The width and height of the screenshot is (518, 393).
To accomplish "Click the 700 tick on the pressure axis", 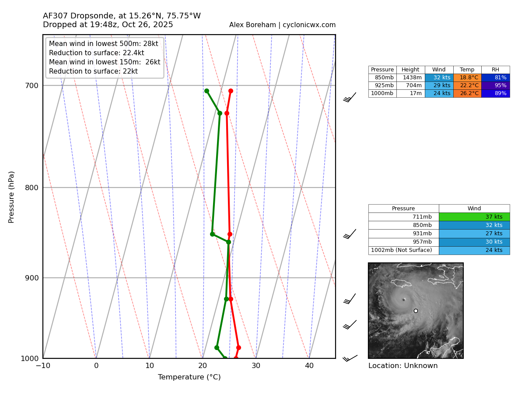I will click(32, 85).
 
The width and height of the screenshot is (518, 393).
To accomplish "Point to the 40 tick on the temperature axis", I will click(309, 365).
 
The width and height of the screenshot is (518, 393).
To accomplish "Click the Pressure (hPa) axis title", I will click(12, 197).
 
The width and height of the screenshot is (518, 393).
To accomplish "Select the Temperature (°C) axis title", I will click(189, 377).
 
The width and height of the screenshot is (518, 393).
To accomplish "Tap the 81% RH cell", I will click(495, 78).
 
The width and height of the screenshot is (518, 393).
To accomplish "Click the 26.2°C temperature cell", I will click(467, 93).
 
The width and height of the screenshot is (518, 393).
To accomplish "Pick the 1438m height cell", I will click(410, 78).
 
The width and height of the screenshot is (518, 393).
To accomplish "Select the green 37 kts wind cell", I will click(474, 217).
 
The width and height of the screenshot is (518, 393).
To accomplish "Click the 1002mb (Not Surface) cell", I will click(403, 250).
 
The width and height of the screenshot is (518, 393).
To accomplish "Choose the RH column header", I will click(495, 70).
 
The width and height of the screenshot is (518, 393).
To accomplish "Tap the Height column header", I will click(410, 70).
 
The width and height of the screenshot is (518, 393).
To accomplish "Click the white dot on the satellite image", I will click(416, 311).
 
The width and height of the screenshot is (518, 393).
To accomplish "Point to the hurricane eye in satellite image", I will click(403, 300).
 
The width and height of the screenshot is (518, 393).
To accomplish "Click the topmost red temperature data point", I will click(231, 91).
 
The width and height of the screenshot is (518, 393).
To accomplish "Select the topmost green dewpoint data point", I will click(206, 91).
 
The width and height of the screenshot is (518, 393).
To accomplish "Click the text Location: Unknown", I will click(402, 366).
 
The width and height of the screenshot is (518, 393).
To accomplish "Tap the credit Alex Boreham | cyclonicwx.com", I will click(282, 25).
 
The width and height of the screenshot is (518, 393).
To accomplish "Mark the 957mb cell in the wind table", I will click(403, 242).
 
